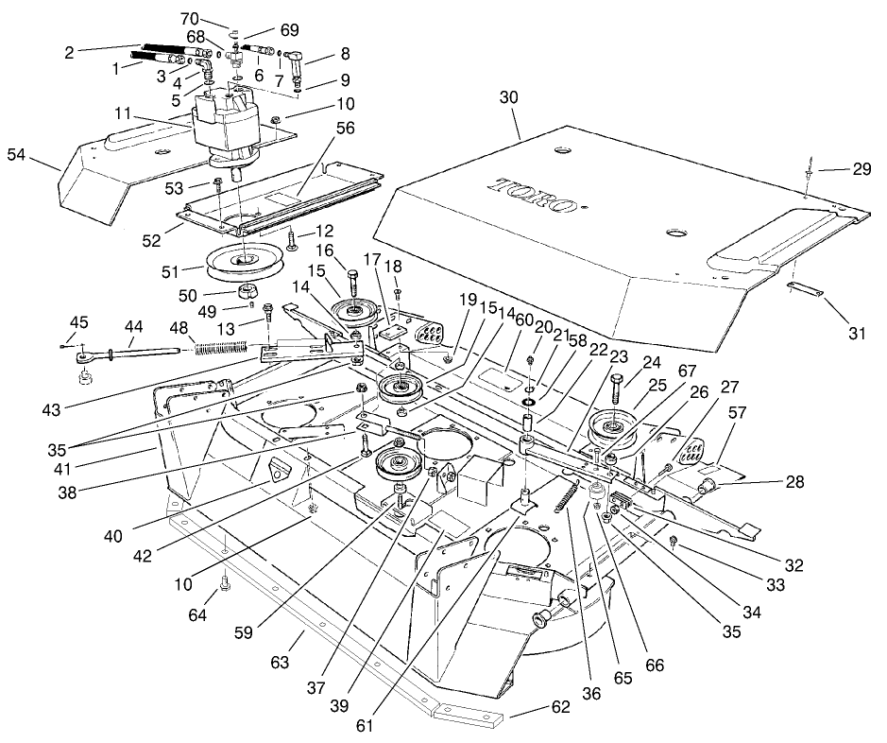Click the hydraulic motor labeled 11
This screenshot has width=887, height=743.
[x=225, y=123]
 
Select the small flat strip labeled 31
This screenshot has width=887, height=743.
[x=805, y=287]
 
